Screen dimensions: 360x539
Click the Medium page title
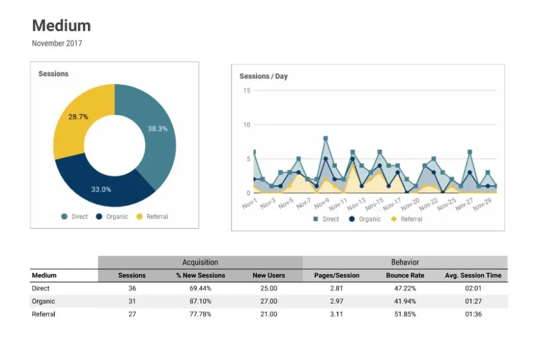coord(61,25)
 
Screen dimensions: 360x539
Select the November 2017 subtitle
coord(57,43)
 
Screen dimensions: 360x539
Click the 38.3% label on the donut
coord(157,128)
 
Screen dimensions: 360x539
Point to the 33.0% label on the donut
coord(101,189)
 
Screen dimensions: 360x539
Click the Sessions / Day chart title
coord(263,76)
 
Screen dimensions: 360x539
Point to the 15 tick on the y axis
coord(246,91)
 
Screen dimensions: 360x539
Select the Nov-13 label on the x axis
coord(356,203)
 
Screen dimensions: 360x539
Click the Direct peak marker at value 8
coord(326,138)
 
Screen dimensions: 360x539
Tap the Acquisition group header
coord(200,262)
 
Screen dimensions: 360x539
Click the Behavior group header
coord(405,262)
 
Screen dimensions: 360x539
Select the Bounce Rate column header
coord(405,275)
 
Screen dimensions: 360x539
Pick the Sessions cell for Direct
coord(132,288)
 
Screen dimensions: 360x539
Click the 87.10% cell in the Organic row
coord(201,302)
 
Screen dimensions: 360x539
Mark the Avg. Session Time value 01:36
coord(473,314)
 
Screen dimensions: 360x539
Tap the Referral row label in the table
coord(44,314)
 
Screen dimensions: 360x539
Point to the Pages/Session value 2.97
coord(336,302)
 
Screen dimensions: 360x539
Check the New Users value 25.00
coord(268,288)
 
